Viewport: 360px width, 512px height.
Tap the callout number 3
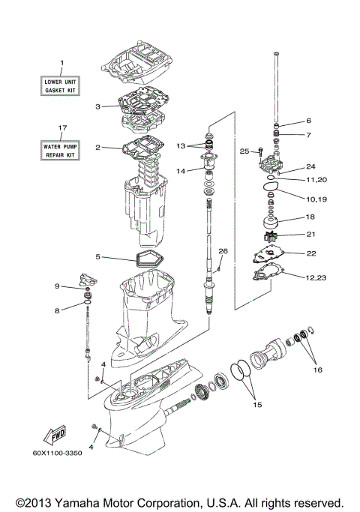click(x=97, y=106)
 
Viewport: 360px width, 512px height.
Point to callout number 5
click(x=97, y=257)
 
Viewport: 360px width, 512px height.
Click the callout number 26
click(x=223, y=250)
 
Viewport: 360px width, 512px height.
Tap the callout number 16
click(x=317, y=370)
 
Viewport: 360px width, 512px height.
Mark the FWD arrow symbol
click(x=56, y=436)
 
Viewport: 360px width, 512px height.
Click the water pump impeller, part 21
click(x=272, y=235)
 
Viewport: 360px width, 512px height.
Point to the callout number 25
click(x=244, y=151)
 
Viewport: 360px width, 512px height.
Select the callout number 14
click(x=180, y=171)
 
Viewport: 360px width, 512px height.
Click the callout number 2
click(x=97, y=148)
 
